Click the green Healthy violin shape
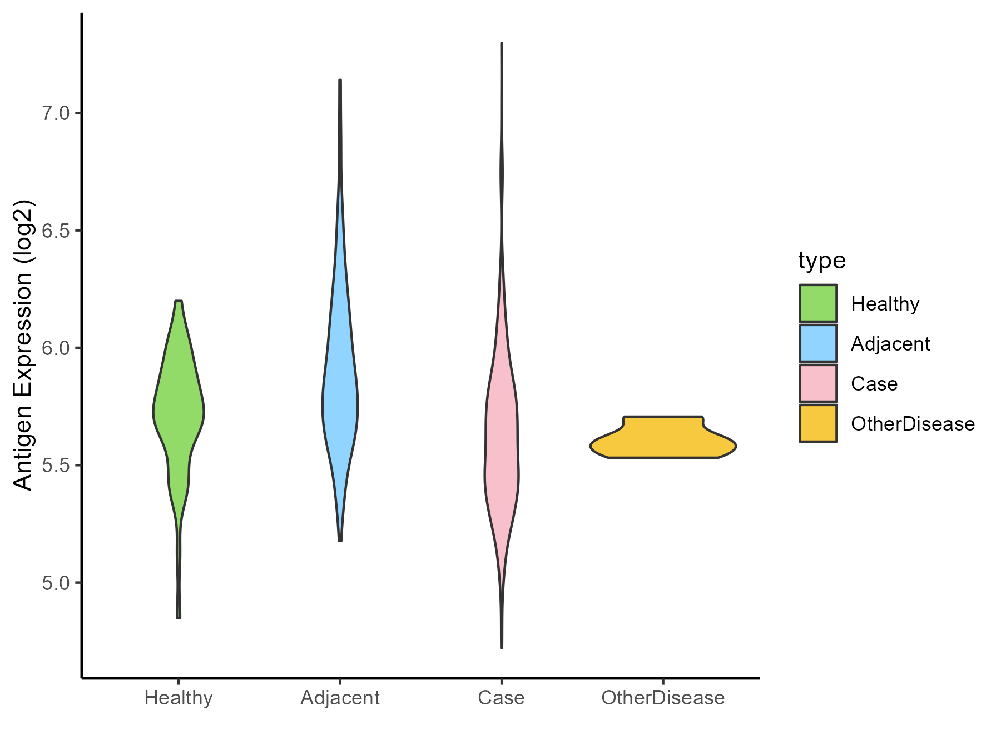(179, 411)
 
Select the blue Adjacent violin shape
(340, 406)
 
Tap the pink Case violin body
(502, 444)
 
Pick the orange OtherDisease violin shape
(663, 439)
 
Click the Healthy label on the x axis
(179, 698)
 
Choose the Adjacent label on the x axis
(340, 698)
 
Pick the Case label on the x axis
(501, 698)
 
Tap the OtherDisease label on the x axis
(663, 698)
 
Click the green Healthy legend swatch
(818, 303)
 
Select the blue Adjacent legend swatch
(818, 343)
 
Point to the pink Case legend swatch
(818, 383)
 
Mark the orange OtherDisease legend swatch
(818, 423)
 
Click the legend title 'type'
(822, 261)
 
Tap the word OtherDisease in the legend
(913, 424)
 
